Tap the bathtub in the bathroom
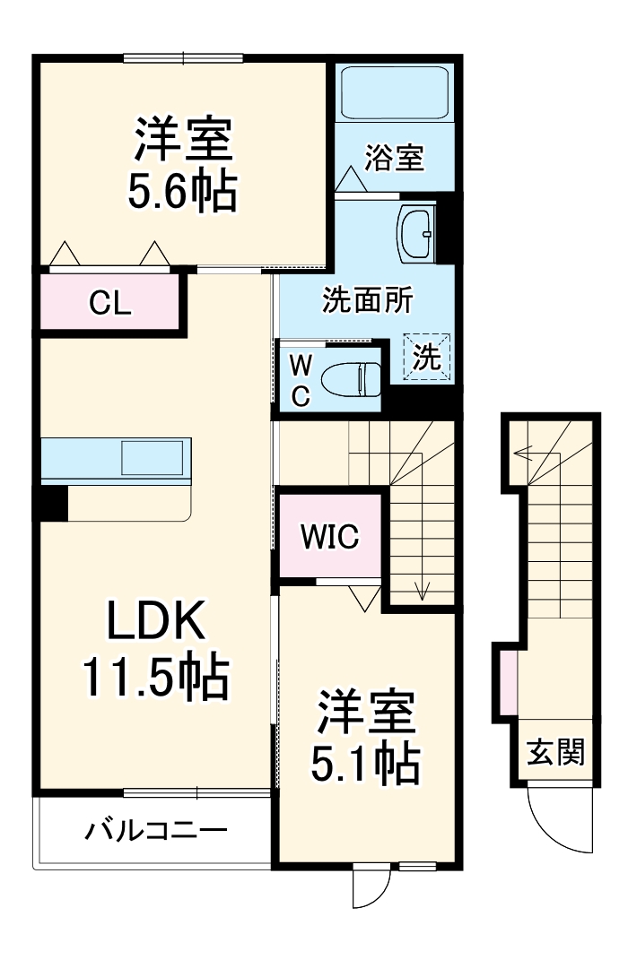[395, 92]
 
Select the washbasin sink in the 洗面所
[414, 232]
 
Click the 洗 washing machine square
[427, 359]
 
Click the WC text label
[301, 379]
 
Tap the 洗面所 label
[367, 301]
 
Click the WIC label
[329, 536]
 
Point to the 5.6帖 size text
[183, 191]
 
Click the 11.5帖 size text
[156, 678]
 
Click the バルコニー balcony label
[156, 830]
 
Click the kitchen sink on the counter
[153, 458]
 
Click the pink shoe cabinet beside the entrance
[508, 684]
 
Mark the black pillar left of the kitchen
[51, 502]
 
